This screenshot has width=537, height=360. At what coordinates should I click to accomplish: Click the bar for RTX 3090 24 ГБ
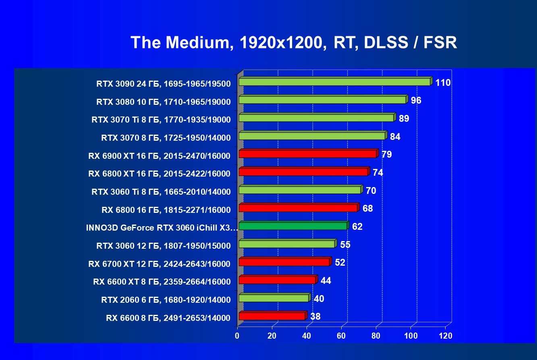(336, 81)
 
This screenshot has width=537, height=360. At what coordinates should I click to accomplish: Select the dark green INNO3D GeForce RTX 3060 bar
(294, 225)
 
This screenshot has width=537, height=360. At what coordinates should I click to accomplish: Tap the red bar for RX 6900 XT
(309, 153)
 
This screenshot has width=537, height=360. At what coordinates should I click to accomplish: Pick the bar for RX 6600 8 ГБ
(273, 316)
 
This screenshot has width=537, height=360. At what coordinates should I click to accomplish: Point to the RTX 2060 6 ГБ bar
(275, 298)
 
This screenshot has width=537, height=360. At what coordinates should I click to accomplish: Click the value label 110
(443, 83)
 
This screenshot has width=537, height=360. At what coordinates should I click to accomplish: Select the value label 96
(416, 100)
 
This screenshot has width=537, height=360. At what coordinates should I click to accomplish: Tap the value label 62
(357, 227)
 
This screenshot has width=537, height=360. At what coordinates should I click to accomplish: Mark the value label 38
(315, 316)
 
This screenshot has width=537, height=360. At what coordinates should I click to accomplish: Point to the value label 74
(378, 173)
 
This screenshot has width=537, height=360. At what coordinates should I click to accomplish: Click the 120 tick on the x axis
(446, 336)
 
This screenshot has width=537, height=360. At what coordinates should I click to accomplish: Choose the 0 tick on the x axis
(237, 336)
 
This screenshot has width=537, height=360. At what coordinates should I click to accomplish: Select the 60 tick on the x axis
(341, 336)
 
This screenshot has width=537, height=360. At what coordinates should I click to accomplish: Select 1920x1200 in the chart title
(283, 43)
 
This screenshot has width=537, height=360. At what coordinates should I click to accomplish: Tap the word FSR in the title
(440, 42)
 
